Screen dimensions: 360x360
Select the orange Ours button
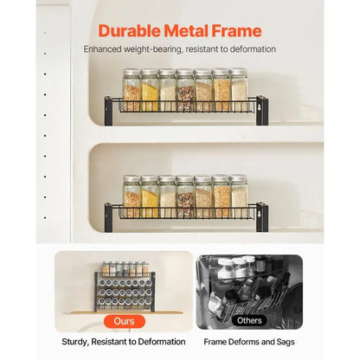pos(123,321)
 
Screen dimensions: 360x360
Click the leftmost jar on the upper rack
pos(131,90)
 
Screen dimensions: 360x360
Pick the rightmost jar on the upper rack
pos(238,90)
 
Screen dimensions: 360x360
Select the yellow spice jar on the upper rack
pos(150,90)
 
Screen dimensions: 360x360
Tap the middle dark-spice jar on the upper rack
pos(185,90)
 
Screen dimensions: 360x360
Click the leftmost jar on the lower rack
pos(132,196)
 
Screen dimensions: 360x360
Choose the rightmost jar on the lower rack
pos(239,196)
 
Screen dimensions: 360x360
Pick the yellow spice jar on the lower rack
pos(150,196)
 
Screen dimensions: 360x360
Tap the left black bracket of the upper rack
pos(109,110)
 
